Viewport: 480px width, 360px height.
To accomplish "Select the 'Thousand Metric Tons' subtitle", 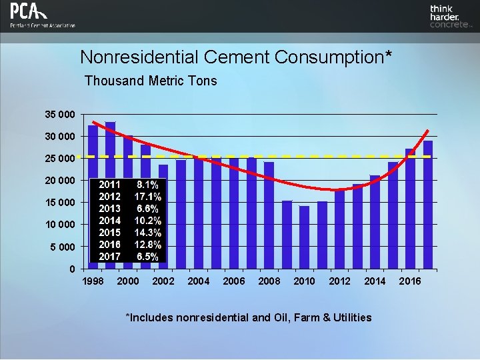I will tap(151, 81).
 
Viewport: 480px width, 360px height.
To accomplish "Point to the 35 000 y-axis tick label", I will tap(60, 114).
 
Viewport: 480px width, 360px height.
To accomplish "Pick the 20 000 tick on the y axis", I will tap(60, 181).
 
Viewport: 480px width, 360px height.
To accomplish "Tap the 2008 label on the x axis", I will tap(269, 281).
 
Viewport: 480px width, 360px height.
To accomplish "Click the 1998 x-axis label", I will tap(93, 281).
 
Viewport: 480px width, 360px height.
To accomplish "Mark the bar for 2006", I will tap(234, 213).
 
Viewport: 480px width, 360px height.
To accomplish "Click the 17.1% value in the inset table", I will tap(147, 197).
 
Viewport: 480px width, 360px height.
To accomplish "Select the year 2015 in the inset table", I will tap(109, 233).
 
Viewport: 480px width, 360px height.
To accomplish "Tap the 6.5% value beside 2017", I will tap(147, 257).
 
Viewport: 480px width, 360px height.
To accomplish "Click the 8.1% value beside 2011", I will tap(147, 185).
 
